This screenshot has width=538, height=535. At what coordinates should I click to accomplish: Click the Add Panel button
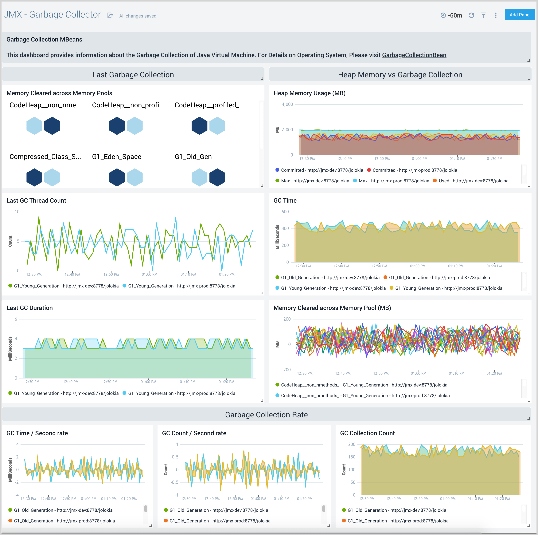point(520,15)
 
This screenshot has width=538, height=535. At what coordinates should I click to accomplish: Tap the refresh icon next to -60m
point(471,15)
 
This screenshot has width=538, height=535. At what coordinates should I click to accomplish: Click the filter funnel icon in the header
point(483,15)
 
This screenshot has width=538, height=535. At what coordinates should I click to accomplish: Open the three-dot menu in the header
point(495,15)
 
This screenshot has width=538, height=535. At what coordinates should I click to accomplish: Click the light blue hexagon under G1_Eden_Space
point(134,177)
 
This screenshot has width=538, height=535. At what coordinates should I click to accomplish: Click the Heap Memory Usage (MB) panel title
point(309,93)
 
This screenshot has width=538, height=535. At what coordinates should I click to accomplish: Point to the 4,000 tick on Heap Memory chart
point(287,105)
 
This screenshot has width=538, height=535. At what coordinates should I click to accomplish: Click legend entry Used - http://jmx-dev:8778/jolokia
point(473,181)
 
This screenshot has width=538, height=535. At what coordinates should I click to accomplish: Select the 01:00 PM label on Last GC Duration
point(148,382)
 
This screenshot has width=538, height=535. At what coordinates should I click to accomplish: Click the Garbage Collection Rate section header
point(266,415)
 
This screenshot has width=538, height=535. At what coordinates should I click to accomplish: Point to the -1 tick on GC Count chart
point(176,495)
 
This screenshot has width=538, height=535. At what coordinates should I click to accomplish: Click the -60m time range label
point(455,15)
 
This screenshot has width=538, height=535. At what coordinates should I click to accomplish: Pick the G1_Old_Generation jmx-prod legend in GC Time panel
point(439,278)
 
